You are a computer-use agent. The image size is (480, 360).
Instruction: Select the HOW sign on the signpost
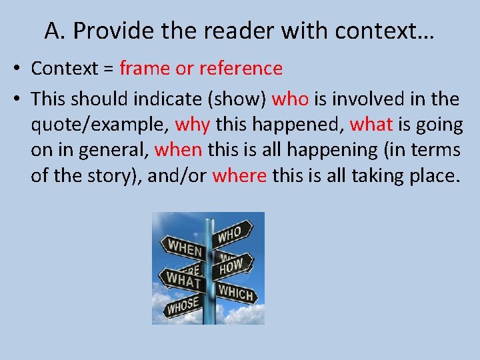tap(231, 267)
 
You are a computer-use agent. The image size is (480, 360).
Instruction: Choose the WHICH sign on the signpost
tap(235, 292)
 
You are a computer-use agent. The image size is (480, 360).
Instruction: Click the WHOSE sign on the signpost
tap(182, 306)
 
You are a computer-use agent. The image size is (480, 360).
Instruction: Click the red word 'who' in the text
tap(291, 99)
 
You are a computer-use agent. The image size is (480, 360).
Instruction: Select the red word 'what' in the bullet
tap(371, 125)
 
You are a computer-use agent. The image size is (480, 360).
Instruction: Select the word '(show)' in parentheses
tap(238, 99)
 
